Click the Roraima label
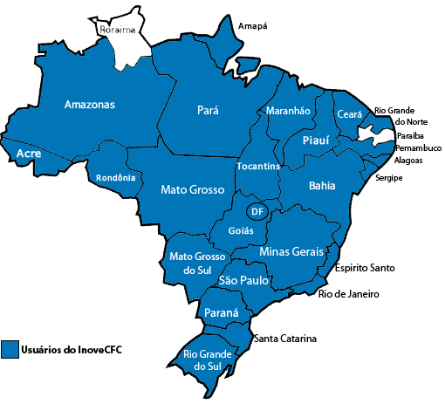(119, 30)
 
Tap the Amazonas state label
(89, 105)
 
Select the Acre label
(29, 154)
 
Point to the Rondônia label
(116, 178)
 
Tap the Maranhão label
(287, 111)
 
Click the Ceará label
(349, 114)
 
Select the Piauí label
(315, 140)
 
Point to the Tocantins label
(258, 166)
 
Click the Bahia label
(322, 186)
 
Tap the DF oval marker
(256, 211)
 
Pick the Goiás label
(240, 231)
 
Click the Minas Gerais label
(291, 251)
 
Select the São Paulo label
(243, 281)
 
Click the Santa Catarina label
(285, 339)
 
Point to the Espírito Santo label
(364, 268)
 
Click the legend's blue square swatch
(10, 349)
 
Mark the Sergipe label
(389, 177)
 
